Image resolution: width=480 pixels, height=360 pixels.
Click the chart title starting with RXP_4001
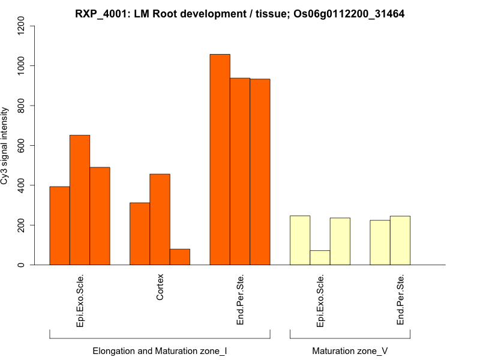tap(239, 13)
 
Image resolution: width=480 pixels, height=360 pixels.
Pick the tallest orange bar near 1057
tap(220, 159)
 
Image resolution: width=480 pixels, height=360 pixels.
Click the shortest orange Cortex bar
tap(180, 257)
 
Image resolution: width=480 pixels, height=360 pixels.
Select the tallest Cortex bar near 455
tap(160, 219)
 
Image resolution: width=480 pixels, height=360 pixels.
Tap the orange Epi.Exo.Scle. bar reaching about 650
tap(80, 200)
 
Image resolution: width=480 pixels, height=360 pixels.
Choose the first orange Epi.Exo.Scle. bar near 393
tap(59, 226)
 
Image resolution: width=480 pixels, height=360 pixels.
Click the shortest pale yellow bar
tap(320, 257)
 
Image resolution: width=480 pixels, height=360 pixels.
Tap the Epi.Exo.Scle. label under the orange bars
tap(80, 300)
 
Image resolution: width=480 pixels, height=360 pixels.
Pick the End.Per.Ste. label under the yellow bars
tap(400, 300)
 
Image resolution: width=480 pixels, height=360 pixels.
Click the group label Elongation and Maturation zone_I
tap(159, 351)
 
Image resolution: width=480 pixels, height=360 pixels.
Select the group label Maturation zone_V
tap(350, 351)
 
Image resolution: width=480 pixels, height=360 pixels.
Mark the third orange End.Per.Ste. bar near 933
tap(260, 172)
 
